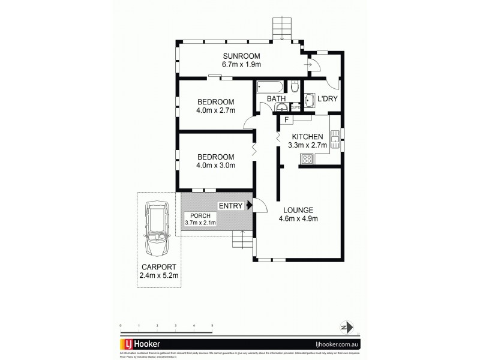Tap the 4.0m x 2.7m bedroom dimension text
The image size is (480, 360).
[x=215, y=110]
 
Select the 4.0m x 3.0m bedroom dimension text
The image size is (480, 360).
[x=215, y=166]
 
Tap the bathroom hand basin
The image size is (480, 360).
[x=281, y=107]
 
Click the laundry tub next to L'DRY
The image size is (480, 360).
[x=309, y=100]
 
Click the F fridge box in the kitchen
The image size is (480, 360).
[x=287, y=120]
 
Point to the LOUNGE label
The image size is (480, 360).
[x=298, y=209]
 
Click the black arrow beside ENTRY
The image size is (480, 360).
[x=249, y=206]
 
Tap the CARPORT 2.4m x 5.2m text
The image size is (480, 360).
[x=158, y=271]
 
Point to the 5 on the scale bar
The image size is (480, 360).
[x=212, y=325]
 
